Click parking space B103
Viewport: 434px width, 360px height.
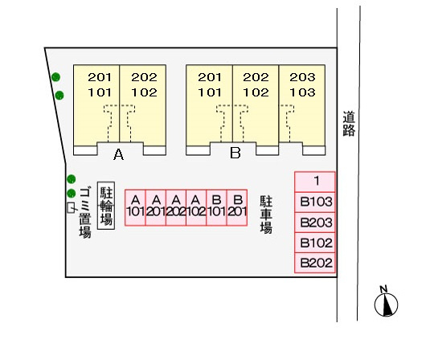(315, 202)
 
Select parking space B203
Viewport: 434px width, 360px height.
(315, 223)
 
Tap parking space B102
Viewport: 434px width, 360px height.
(315, 243)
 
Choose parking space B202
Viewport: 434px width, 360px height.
(315, 263)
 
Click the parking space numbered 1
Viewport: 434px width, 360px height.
(315, 182)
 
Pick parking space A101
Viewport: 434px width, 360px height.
(135, 208)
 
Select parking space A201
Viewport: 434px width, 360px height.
(156, 208)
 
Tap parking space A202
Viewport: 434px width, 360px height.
(176, 208)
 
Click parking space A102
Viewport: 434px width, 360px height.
(196, 208)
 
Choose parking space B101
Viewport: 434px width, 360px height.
(217, 208)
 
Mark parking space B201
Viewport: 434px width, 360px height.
(237, 208)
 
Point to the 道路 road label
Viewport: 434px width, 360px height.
(349, 124)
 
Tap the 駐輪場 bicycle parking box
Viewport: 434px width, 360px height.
(106, 206)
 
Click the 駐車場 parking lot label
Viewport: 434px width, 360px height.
(266, 215)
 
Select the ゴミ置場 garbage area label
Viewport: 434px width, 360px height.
(85, 213)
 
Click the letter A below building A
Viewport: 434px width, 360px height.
(118, 154)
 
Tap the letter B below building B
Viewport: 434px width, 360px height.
(235, 153)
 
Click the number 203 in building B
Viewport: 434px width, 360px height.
(302, 77)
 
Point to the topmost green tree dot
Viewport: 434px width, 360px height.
(56, 77)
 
